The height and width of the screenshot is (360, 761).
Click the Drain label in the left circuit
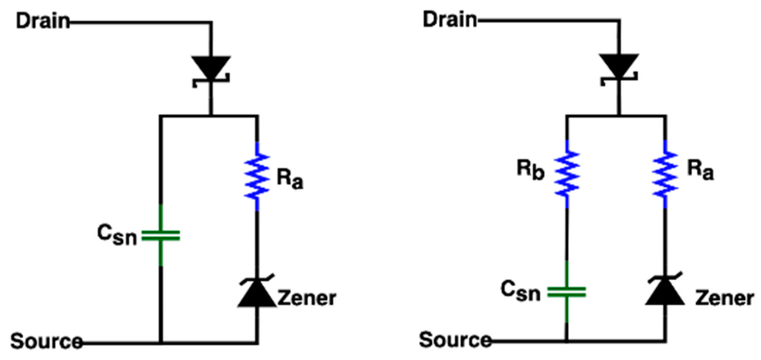coord(43,21)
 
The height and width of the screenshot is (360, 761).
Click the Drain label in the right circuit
coord(449,19)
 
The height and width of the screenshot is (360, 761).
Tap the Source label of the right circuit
coord(455,340)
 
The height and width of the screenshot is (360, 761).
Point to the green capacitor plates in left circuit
coord(161,236)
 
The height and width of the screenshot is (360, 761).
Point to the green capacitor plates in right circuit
coord(567,292)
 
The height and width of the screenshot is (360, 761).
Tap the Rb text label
coord(530,170)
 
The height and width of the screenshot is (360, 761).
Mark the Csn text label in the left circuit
coord(117,235)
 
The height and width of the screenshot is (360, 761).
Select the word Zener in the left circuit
coord(307,298)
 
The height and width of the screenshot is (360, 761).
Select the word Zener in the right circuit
coord(724,298)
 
